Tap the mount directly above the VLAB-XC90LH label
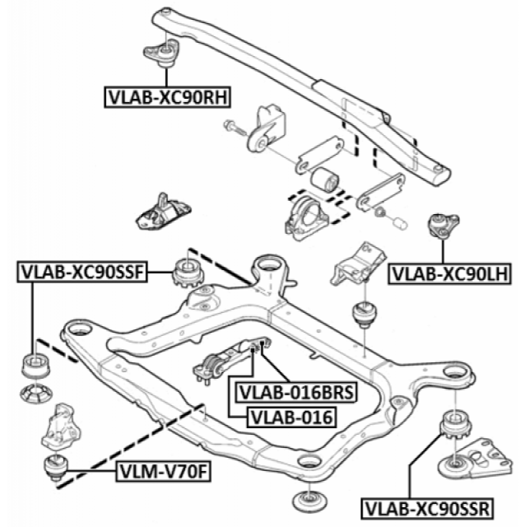tap(440, 226)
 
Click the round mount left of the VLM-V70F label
tap(55, 467)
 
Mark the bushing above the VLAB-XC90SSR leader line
tap(455, 425)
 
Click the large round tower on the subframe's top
tap(268, 269)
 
